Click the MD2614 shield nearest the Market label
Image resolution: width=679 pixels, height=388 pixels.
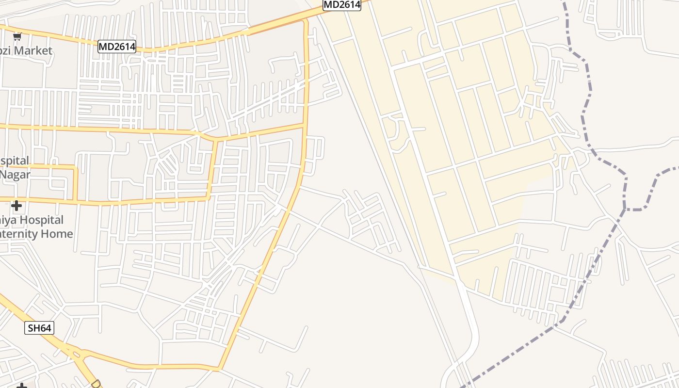[116, 47]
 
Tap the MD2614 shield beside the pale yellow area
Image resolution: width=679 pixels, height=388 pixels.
[342, 5]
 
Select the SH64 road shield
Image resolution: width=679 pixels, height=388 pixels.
[39, 328]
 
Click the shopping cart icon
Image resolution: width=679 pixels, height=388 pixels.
[17, 36]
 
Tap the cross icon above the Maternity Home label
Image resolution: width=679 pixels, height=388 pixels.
[16, 206]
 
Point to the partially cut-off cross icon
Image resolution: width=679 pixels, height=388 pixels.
[21, 386]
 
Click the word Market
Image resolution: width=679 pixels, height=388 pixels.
[33, 50]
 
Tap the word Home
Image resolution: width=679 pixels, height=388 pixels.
[57, 234]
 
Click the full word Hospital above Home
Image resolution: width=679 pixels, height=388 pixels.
[41, 220]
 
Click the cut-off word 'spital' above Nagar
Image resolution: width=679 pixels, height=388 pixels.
[14, 161]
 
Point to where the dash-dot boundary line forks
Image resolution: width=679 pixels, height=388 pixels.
[626, 209]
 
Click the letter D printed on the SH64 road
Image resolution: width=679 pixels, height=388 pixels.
[96, 383]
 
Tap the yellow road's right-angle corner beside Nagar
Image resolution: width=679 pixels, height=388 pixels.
[75, 167]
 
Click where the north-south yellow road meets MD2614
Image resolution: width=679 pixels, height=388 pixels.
[306, 21]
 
